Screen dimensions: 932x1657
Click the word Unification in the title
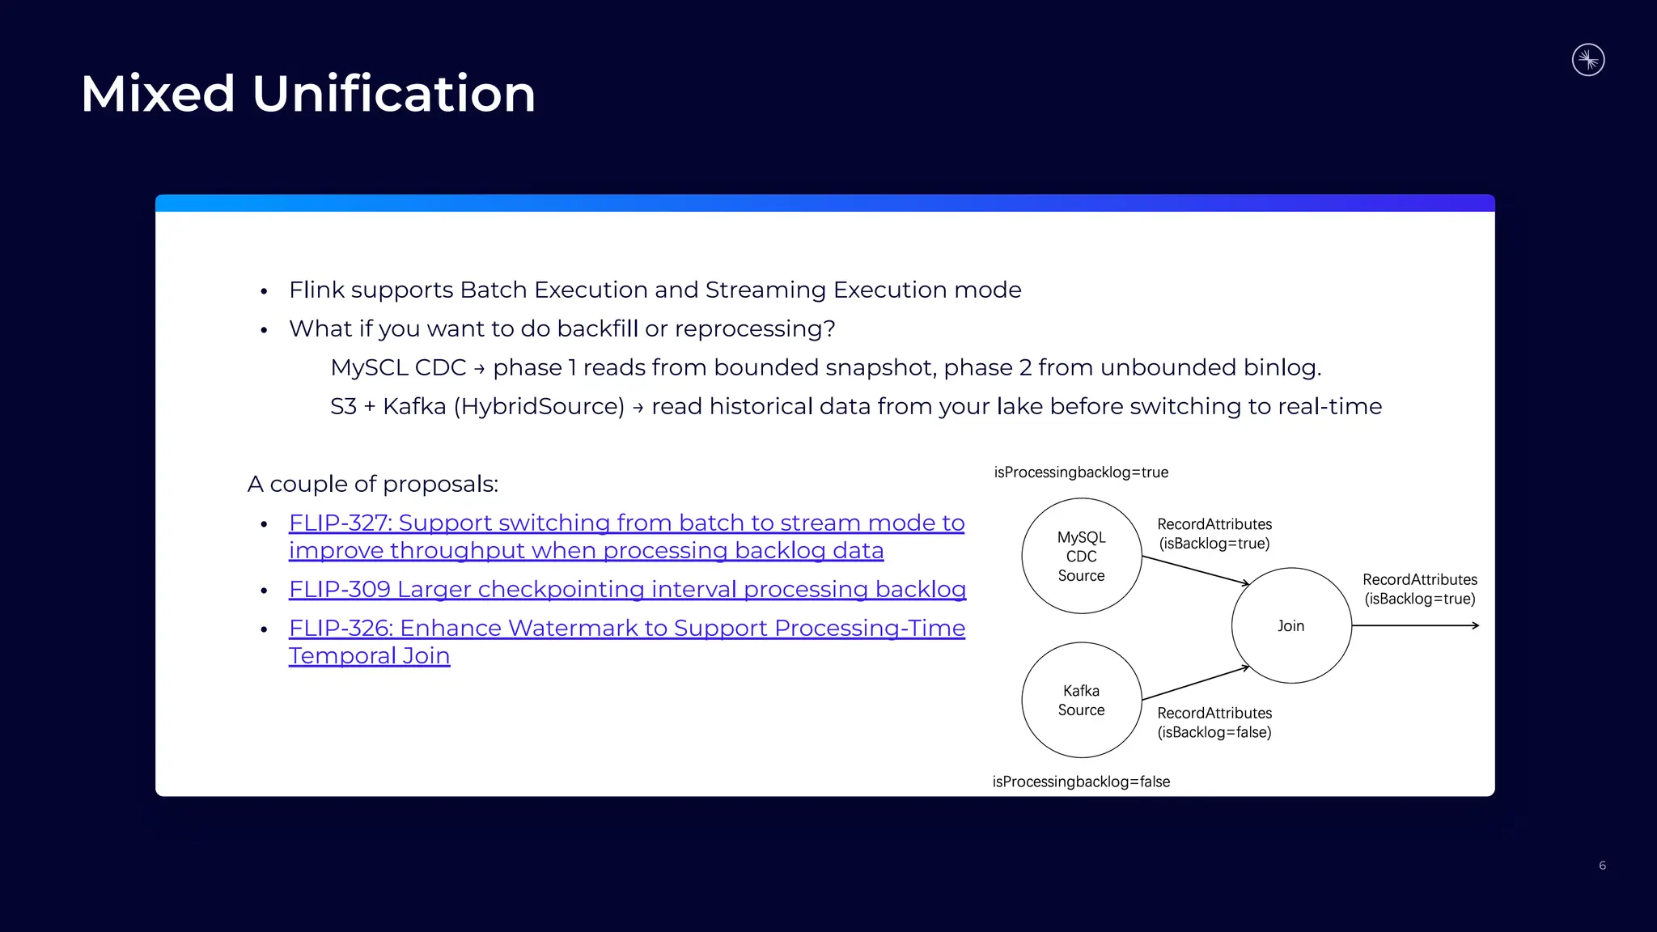[393, 94]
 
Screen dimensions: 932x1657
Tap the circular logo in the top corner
[1587, 60]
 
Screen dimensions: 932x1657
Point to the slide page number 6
[1602, 866]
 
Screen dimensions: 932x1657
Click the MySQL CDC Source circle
[1081, 556]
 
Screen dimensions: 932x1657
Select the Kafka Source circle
[1081, 700]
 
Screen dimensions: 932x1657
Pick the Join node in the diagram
[1291, 625]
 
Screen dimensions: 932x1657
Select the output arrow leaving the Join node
[1416, 625]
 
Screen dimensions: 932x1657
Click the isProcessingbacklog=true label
[1081, 472]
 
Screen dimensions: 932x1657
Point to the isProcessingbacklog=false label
[1081, 782]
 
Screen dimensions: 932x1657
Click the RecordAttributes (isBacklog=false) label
[1214, 722]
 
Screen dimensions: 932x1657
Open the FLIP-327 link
[626, 523]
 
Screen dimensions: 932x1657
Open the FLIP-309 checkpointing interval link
[627, 590]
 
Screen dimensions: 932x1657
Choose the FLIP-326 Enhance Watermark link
[626, 629]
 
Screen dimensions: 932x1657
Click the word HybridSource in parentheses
[539, 406]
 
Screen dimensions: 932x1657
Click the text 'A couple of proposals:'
[373, 484]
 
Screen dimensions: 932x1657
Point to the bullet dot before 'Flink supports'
[264, 291]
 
